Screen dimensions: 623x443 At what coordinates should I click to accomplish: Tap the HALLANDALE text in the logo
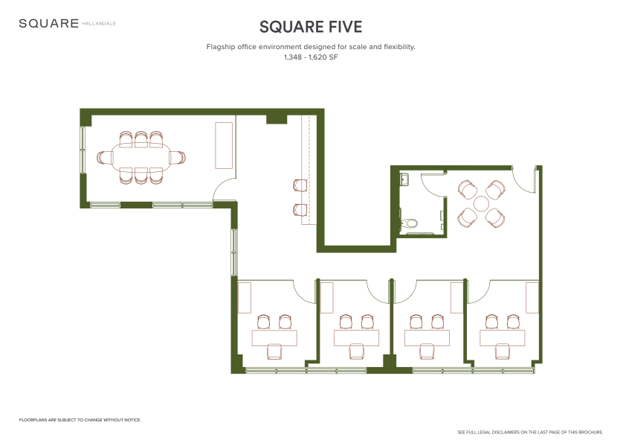click(99, 24)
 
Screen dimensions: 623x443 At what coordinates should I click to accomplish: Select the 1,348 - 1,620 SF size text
click(311, 57)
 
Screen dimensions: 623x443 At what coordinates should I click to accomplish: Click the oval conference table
click(141, 157)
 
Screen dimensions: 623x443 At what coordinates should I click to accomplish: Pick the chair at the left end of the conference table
click(105, 157)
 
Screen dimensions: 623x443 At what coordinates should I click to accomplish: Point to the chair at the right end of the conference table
click(177, 157)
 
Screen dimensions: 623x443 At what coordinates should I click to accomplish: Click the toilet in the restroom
click(409, 222)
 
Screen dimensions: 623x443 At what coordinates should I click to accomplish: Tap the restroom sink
click(404, 179)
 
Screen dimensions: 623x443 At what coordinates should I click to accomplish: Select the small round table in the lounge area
click(481, 204)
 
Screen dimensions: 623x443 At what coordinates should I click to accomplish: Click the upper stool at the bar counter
click(300, 185)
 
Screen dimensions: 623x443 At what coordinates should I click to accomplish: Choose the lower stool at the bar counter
click(300, 210)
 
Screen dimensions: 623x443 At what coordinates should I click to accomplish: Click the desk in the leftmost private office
click(274, 338)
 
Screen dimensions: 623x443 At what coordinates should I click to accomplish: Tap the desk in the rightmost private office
click(503, 338)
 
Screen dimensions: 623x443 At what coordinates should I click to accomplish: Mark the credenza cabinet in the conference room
click(224, 145)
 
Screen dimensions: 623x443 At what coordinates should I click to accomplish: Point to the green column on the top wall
click(276, 119)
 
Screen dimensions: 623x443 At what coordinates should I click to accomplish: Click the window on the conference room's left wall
click(83, 150)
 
